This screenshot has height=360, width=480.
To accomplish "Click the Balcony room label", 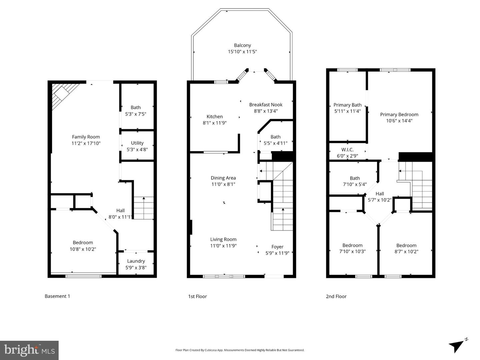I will [242, 45].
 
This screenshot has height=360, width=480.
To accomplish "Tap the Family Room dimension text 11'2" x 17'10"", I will [86, 143].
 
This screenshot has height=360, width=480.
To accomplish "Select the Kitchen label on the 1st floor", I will [215, 117].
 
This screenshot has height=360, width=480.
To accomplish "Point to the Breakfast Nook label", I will [266, 105].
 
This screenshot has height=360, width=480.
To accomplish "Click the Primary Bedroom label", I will [399, 115].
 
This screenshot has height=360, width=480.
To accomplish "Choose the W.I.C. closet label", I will [347, 150].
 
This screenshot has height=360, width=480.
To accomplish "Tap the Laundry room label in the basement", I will [136, 261].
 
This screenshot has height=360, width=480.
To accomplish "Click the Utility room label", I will [137, 143].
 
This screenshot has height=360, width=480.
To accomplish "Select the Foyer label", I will [277, 247].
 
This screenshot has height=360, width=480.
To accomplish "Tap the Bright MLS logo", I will [29, 350].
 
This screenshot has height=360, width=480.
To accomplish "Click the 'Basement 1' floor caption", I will [57, 296].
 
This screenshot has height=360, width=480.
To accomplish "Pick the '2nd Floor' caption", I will [336, 296].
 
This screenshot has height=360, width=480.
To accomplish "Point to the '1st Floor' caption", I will [197, 296].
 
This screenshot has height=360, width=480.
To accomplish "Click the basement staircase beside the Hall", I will [144, 208].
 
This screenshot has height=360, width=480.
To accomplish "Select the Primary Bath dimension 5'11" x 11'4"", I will [347, 111].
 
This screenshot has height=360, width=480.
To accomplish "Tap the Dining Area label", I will [223, 178].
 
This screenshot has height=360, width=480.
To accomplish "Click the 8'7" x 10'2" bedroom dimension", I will [406, 252].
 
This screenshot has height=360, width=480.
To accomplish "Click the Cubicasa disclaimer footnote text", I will [240, 350].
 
